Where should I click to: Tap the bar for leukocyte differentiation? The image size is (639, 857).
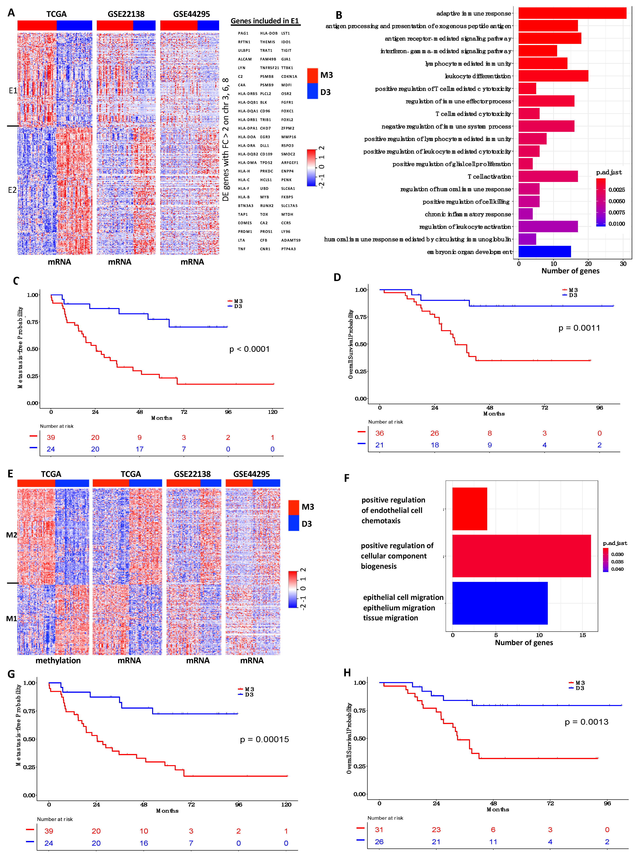pyautogui.click(x=553, y=76)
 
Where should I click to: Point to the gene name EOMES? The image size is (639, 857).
pyautogui.click(x=245, y=223)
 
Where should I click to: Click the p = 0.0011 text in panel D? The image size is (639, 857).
pyautogui.click(x=579, y=328)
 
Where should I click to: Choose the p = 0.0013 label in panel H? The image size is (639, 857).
pyautogui.click(x=586, y=722)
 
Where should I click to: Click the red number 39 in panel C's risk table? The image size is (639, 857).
pyautogui.click(x=51, y=437)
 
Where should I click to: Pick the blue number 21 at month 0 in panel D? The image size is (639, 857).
pyautogui.click(x=379, y=445)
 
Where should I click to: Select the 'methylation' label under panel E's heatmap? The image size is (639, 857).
pyautogui.click(x=58, y=660)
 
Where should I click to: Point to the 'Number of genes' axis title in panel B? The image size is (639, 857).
pyautogui.click(x=570, y=271)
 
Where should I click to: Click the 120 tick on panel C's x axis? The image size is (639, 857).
pyautogui.click(x=273, y=412)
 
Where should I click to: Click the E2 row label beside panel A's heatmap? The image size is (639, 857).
pyautogui.click(x=12, y=190)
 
